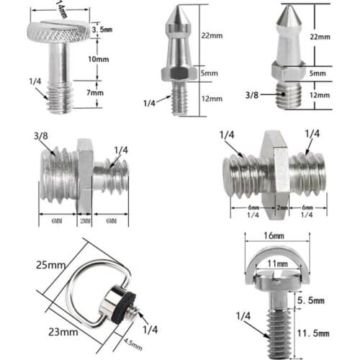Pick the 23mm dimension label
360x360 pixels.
[x=63, y=332]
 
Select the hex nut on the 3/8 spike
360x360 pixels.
[x=287, y=72]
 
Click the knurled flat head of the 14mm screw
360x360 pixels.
[x=58, y=31]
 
